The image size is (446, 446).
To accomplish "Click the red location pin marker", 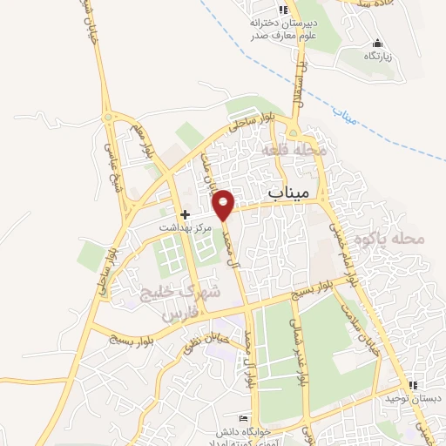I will tap(224, 205).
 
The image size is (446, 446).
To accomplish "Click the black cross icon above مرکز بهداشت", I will tap(185, 213).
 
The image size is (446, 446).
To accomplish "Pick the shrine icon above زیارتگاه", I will tap(377, 44).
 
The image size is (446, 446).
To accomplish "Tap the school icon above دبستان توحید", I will tap(414, 384).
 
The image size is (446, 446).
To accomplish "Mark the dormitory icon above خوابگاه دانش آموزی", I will tap(255, 419).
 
